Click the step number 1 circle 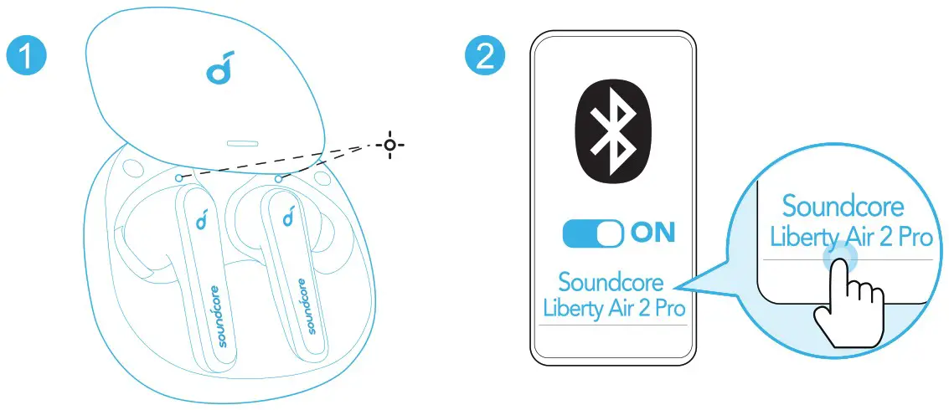pyautogui.click(x=28, y=57)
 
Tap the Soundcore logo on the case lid pyautogui.click(x=217, y=72)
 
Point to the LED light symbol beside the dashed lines pyautogui.click(x=389, y=146)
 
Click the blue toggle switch pyautogui.click(x=593, y=233)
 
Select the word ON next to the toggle pyautogui.click(x=652, y=233)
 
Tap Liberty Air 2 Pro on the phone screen pyautogui.click(x=614, y=308)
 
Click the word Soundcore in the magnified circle pyautogui.click(x=843, y=206)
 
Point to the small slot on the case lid pyautogui.click(x=241, y=141)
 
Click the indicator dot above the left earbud pyautogui.click(x=179, y=177)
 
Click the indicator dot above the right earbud pyautogui.click(x=276, y=177)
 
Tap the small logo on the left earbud pyautogui.click(x=201, y=221)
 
